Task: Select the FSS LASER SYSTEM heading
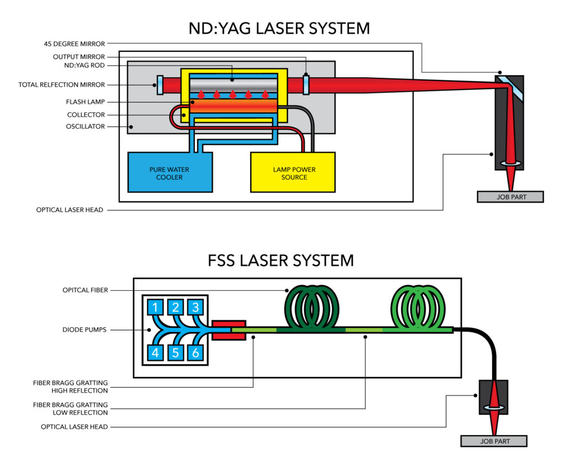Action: [281, 260]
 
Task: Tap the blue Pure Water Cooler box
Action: [170, 173]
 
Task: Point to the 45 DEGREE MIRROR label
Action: [77, 44]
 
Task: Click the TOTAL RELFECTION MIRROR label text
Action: [61, 85]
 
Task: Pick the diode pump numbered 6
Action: [195, 352]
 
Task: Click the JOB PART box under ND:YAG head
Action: [510, 197]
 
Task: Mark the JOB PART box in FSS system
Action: [494, 441]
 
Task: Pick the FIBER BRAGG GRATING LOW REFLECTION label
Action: [70, 409]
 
